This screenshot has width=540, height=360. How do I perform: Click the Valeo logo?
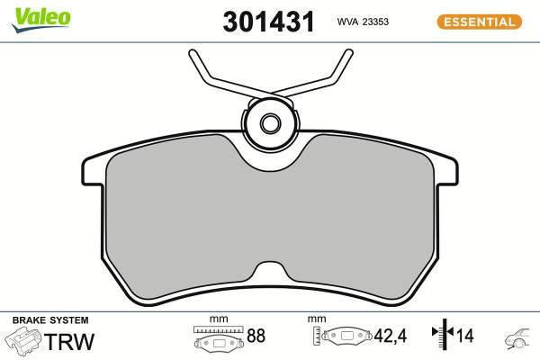pos(41,20)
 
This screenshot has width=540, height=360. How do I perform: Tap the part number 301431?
pos(268,22)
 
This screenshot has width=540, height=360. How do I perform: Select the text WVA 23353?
pos(363,22)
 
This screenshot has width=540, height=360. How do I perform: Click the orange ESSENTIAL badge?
pos(480,22)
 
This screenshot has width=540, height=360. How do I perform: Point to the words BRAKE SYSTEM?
pos(50,320)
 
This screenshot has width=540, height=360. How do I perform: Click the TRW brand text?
pos(69,341)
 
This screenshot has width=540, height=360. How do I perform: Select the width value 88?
pos(256,336)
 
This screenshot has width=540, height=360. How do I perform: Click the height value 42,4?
pos(391,336)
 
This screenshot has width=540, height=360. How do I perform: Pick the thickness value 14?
pos(465,336)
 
